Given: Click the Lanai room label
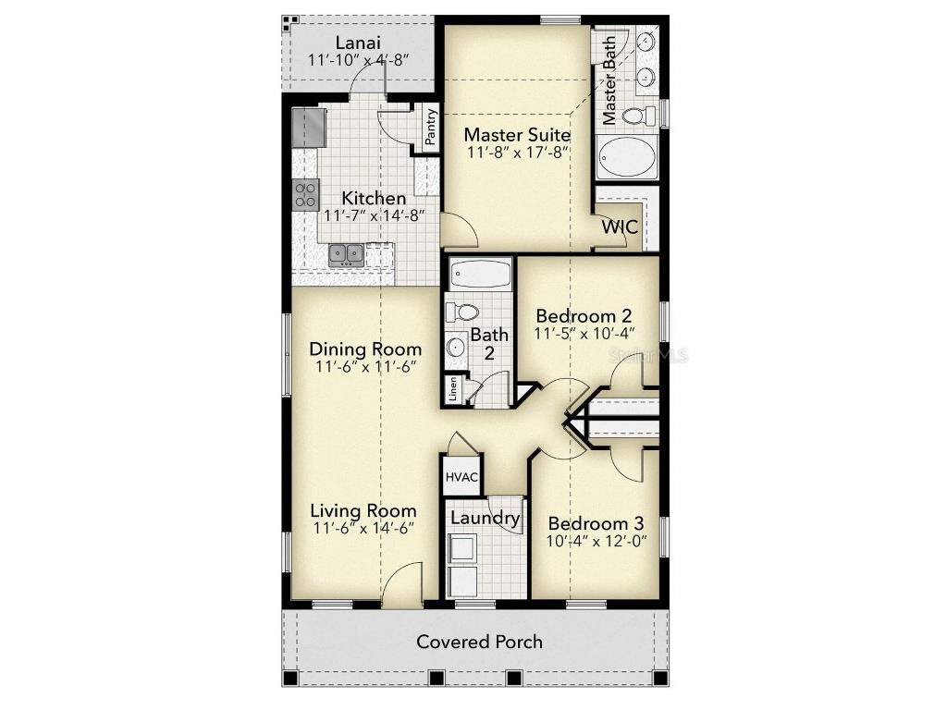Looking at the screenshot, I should coord(358,42).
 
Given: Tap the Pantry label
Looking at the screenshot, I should coord(430,127).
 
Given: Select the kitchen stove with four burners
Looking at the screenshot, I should coord(306,194).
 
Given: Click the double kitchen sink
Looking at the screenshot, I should coord(346,252).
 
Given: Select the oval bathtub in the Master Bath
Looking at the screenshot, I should coord(626,158).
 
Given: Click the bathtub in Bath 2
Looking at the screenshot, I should coord(480,274).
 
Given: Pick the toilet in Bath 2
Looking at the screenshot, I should coord(461,312).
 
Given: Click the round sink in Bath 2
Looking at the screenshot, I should coord(456,348).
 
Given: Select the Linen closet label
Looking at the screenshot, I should coord(453,387).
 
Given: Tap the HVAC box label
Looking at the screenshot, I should coord(461,477).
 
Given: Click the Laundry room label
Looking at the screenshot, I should coord(485,518).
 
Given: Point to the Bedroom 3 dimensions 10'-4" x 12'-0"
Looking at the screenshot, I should coord(596,540).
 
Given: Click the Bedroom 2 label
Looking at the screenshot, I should coord(584,314).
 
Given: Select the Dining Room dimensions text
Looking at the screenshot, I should coord(365,366).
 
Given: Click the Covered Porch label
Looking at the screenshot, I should coord(479,642).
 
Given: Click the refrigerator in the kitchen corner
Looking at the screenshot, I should coord(309,128).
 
